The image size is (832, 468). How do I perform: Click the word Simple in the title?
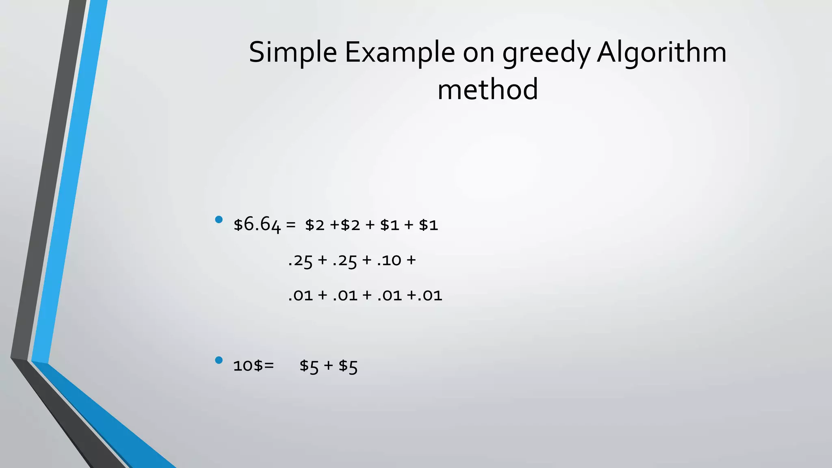[x=292, y=53]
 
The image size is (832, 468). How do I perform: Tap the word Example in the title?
[x=400, y=53]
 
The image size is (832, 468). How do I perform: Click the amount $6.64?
[x=257, y=225]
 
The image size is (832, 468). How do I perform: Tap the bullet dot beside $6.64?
[x=219, y=220]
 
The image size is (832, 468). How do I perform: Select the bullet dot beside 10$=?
[x=219, y=360]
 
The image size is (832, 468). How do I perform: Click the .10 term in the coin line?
[x=389, y=260]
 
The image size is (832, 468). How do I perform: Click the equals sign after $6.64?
[x=290, y=225]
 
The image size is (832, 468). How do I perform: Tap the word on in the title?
[x=478, y=53]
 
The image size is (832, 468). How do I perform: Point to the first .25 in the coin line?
[x=300, y=260]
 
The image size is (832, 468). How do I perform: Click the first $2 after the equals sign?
[x=315, y=225]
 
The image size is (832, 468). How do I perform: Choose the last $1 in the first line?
[x=428, y=225]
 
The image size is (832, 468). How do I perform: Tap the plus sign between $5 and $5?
[x=328, y=366]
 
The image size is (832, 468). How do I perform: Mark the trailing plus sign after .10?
[x=411, y=260]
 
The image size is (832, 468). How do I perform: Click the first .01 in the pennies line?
[x=300, y=295]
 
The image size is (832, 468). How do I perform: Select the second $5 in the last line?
[x=348, y=366]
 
